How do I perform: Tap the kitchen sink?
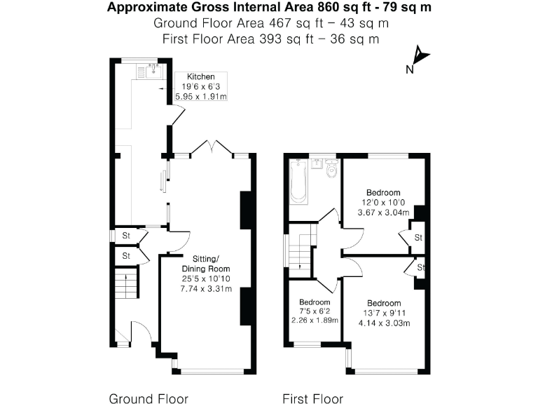coord(149,70)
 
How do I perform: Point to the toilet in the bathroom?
coord(331,169)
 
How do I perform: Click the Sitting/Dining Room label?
coord(206,264)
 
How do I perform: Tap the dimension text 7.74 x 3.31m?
coord(206,288)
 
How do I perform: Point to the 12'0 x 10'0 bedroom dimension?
coord(383,203)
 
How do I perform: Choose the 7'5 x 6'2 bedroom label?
coord(314,311)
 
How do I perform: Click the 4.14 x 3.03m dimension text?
coord(383,323)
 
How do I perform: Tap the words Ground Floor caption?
coord(148,398)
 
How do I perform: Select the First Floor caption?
coord(312,398)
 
